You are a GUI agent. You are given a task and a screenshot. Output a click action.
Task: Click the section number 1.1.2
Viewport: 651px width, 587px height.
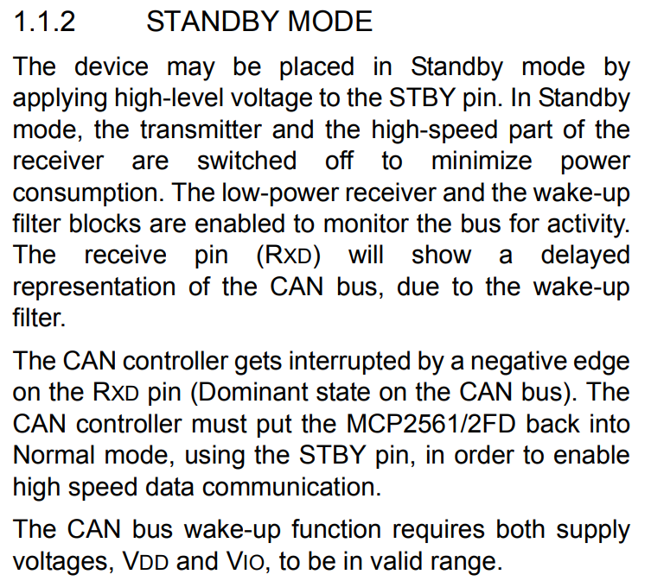[44, 22]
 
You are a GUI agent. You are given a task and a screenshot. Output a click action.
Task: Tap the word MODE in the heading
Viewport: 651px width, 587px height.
[330, 22]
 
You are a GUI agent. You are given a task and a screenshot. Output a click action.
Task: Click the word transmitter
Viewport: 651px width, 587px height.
[201, 129]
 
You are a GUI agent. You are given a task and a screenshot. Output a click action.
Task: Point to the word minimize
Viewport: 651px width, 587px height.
[482, 161]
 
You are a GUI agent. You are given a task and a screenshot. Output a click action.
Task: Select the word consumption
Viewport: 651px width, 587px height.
[88, 193]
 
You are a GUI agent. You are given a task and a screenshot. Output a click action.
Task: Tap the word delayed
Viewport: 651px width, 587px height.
[585, 256]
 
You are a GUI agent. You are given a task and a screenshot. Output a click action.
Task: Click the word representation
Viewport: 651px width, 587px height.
[94, 287]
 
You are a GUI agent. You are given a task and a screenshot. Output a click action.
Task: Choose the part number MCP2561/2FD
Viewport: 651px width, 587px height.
[431, 424]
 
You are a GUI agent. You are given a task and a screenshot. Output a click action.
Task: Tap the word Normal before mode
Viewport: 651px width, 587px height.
[54, 456]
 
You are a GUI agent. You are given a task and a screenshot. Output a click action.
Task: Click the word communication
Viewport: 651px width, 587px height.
[291, 487]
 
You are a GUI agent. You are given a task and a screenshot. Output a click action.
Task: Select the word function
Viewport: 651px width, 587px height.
[336, 530]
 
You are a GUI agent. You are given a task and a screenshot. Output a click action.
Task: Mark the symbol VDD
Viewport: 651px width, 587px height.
[145, 562]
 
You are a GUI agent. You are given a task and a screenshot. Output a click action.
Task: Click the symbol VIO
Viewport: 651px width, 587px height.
[246, 562]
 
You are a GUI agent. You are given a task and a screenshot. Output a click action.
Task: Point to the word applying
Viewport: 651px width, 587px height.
[60, 99]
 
